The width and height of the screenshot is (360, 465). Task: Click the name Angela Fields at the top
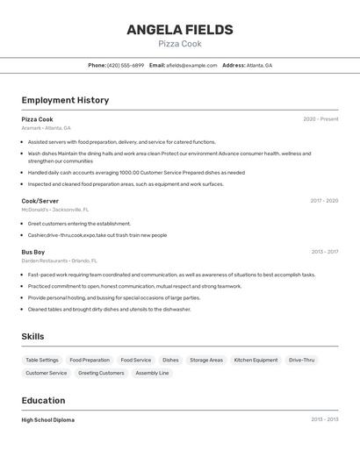point(180,30)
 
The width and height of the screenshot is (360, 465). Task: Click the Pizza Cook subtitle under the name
point(180,44)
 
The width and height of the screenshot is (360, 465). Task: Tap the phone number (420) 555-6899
point(126,66)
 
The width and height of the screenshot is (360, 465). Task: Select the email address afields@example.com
point(191,66)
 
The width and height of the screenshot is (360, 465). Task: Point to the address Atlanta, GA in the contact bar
point(259,66)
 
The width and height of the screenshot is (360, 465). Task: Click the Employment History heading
point(65,100)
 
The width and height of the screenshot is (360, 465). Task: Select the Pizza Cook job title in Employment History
point(37,119)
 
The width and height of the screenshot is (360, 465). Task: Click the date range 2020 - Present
point(320,119)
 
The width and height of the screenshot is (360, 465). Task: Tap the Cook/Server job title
point(40,201)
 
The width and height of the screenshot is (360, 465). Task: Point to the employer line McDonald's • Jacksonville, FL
point(54,210)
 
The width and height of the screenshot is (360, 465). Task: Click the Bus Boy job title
point(33,252)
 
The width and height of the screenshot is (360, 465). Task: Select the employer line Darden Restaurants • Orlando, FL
point(59,261)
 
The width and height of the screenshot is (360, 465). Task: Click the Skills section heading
point(32,336)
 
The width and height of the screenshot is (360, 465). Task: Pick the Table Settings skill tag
point(42,360)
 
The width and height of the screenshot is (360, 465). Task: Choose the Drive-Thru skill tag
point(302,360)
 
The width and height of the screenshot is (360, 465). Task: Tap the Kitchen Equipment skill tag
point(256,360)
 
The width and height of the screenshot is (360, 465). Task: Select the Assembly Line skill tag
point(152,373)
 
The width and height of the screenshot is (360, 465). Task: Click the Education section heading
point(44,400)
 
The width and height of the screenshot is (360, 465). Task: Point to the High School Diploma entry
point(48,420)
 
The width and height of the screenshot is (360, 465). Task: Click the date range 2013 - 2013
point(324,420)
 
